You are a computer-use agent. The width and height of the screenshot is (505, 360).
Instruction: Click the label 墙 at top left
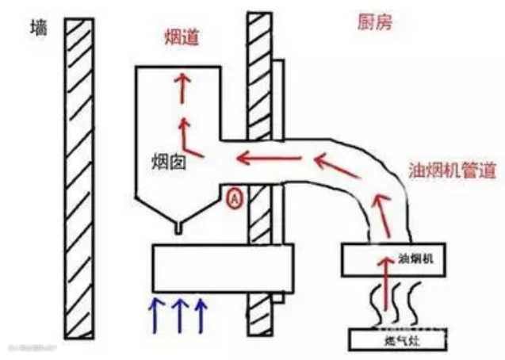pyautogui.click(x=36, y=29)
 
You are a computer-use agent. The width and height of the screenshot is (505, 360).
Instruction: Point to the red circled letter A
pyautogui.click(x=235, y=198)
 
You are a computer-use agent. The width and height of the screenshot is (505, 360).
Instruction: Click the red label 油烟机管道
pyautogui.click(x=453, y=170)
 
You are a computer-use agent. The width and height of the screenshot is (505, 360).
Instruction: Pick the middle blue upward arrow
pyautogui.click(x=178, y=315)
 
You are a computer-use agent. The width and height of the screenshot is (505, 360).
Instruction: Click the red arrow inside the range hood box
pyautogui.click(x=388, y=281)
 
